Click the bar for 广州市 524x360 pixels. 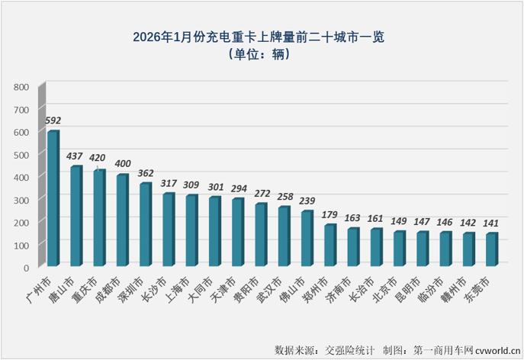pos(53,199)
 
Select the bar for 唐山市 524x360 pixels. pos(76,217)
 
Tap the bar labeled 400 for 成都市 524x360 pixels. pos(122,221)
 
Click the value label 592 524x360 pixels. pos(53,121)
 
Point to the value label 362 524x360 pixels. pos(146,173)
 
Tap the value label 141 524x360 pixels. pos(492,223)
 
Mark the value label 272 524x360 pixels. pos(261,194)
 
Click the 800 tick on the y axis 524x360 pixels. pos(21,87)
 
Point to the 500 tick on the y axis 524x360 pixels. pos(21,154)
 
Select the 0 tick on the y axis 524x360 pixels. pos(26,267)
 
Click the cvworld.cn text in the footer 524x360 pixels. pos(497,349)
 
